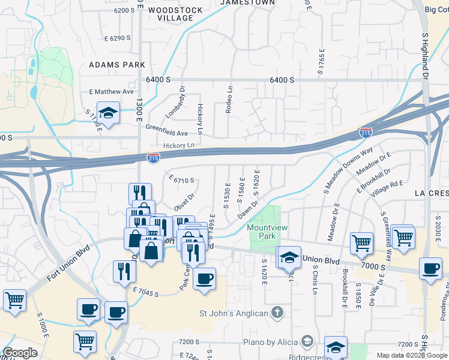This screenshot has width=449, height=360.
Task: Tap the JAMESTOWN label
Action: click(247, 3)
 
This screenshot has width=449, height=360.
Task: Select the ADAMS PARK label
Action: click(117, 64)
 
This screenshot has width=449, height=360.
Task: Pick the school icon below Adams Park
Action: click(109, 113)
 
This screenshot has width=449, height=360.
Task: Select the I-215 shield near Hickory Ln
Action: click(153, 157)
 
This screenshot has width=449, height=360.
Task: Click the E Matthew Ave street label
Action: click(111, 92)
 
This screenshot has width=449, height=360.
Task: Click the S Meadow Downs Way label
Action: click(348, 170)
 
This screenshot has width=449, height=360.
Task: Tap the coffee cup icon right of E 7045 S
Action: click(205, 279)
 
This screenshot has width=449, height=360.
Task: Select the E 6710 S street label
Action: click(182, 180)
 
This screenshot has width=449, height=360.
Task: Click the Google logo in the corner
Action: click(20, 353)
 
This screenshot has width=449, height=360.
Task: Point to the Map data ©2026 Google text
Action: click(411, 355)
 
